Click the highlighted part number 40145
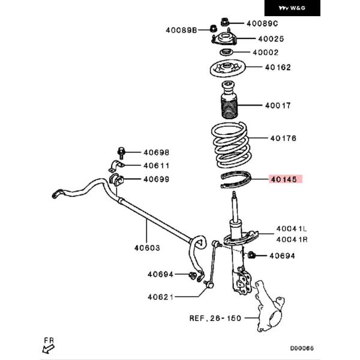pyautogui.click(x=284, y=179)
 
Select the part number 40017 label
pyautogui.click(x=278, y=106)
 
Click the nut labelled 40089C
pyautogui.click(x=224, y=22)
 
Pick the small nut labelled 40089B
pyautogui.click(x=214, y=28)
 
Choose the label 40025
pyautogui.click(x=271, y=39)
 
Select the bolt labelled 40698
pyautogui.click(x=121, y=152)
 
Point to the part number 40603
pyautogui.click(x=147, y=248)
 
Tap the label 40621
pyautogui.click(x=160, y=297)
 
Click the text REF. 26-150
pyautogui.click(x=215, y=318)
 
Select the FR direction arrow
pyautogui.click(x=48, y=349)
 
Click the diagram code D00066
pyautogui.click(x=302, y=348)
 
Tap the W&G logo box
pyautogui.click(x=292, y=8)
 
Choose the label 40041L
pyautogui.click(x=292, y=229)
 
